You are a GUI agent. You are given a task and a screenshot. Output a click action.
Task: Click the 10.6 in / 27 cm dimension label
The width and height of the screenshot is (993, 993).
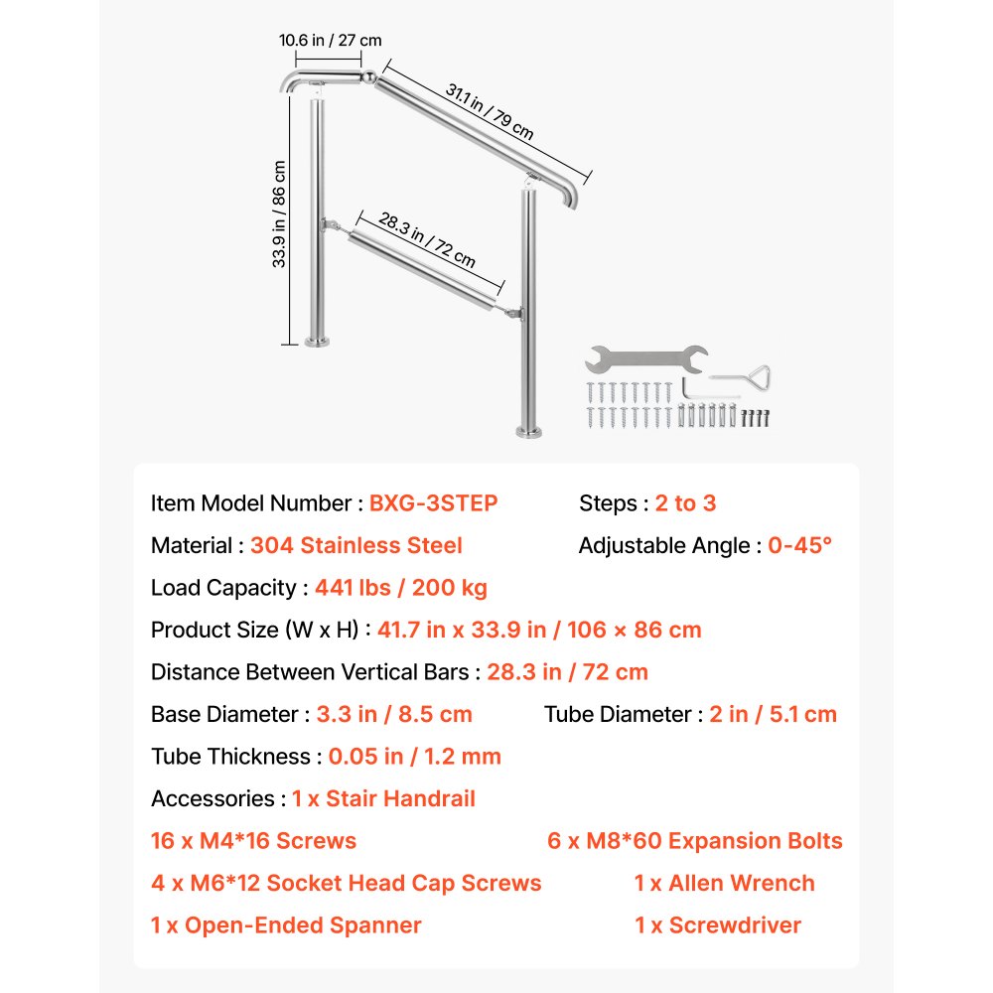[x=330, y=41]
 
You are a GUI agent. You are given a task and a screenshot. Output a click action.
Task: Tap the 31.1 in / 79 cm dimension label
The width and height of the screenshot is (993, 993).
[x=490, y=111]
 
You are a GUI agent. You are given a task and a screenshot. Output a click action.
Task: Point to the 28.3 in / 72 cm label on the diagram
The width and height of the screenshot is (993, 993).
[x=427, y=240]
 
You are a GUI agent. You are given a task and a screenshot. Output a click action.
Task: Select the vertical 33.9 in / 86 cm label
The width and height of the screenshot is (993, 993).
[x=279, y=214]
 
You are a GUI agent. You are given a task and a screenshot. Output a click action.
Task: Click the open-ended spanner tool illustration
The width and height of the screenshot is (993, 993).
[x=646, y=359]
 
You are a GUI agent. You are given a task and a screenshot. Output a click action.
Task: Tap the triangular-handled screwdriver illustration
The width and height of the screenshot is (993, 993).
[x=741, y=378]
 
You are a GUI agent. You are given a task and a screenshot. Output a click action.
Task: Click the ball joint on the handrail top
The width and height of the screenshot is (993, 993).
[x=368, y=77]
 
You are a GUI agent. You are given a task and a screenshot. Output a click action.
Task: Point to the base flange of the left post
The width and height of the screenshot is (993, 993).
[x=318, y=342]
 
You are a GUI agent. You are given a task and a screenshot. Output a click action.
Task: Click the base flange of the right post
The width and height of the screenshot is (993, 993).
[x=529, y=433]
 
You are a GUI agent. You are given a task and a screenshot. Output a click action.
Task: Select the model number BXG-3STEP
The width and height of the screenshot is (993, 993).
[x=433, y=503]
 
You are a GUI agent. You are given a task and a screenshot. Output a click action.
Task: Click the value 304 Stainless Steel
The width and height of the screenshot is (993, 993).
[x=355, y=546]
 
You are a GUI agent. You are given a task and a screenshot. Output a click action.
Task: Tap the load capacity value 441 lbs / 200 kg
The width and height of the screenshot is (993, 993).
[x=401, y=588]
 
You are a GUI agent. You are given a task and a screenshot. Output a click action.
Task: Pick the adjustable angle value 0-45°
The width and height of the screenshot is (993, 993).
[x=799, y=546]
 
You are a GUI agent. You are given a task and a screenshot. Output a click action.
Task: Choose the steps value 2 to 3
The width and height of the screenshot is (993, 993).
[x=685, y=503]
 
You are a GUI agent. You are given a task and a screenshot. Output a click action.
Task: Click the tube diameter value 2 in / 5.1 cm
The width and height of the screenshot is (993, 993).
[x=773, y=714]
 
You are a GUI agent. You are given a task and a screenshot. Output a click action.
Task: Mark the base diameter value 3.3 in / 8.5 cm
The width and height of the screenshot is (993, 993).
[x=394, y=714]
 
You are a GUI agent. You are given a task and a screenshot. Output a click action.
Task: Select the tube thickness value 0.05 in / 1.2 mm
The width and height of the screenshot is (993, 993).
[x=415, y=757]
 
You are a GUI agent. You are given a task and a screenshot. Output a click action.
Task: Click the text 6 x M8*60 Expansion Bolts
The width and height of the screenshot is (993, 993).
[x=695, y=841]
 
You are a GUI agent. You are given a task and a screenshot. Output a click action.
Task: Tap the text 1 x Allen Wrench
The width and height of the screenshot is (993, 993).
[x=724, y=884]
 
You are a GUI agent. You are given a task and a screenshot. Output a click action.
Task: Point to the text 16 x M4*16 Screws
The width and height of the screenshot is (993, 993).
[x=253, y=841]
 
